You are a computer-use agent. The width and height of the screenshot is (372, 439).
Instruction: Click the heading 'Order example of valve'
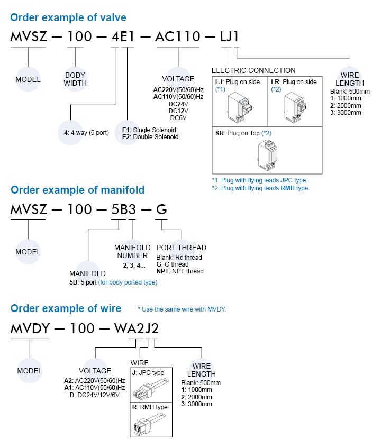click(x=68, y=17)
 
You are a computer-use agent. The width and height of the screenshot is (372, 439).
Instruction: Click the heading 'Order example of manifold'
click(x=77, y=189)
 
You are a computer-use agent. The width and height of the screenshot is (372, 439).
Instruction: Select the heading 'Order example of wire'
click(x=66, y=308)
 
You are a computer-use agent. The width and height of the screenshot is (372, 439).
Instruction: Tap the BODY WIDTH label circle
click(x=75, y=79)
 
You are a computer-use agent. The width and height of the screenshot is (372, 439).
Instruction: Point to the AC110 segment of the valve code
click(x=177, y=37)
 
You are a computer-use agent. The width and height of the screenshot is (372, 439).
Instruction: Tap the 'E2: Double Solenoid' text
click(x=150, y=137)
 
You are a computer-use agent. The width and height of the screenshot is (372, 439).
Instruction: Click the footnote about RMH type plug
click(x=260, y=188)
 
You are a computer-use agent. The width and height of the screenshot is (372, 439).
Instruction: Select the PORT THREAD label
click(x=182, y=248)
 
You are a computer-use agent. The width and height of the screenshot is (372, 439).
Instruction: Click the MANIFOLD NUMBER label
click(x=132, y=252)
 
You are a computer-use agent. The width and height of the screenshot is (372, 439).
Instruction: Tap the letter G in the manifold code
click(x=162, y=210)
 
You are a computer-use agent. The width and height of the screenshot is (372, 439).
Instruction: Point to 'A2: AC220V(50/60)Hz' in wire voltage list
click(x=94, y=381)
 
